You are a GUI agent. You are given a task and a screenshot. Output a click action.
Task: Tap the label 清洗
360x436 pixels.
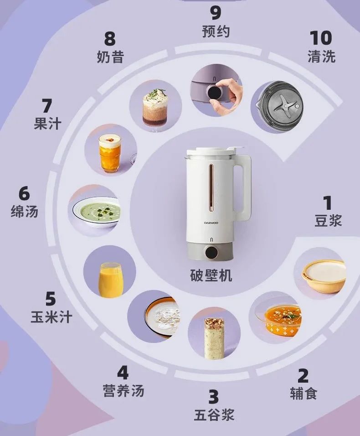click(x=321, y=57)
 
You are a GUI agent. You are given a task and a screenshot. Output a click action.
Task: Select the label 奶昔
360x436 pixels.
click(x=110, y=57)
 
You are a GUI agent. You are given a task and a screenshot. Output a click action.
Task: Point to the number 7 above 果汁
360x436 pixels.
click(x=47, y=106)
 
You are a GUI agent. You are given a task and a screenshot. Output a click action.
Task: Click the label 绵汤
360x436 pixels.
click(x=25, y=212)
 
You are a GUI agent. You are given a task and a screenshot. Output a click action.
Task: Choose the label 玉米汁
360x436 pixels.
click(x=51, y=317)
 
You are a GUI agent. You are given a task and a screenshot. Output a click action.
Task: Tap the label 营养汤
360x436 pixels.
click(x=123, y=391)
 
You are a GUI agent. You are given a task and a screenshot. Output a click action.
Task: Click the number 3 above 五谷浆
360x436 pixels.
click(x=213, y=397)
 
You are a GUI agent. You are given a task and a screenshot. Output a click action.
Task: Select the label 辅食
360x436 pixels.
click(x=303, y=393)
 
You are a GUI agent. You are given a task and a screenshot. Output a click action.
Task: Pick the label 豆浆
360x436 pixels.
click(x=328, y=221)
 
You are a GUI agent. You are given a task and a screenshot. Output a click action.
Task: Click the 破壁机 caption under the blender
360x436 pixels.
click(x=211, y=275)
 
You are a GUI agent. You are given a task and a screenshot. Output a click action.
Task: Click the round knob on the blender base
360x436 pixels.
click(x=211, y=252)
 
